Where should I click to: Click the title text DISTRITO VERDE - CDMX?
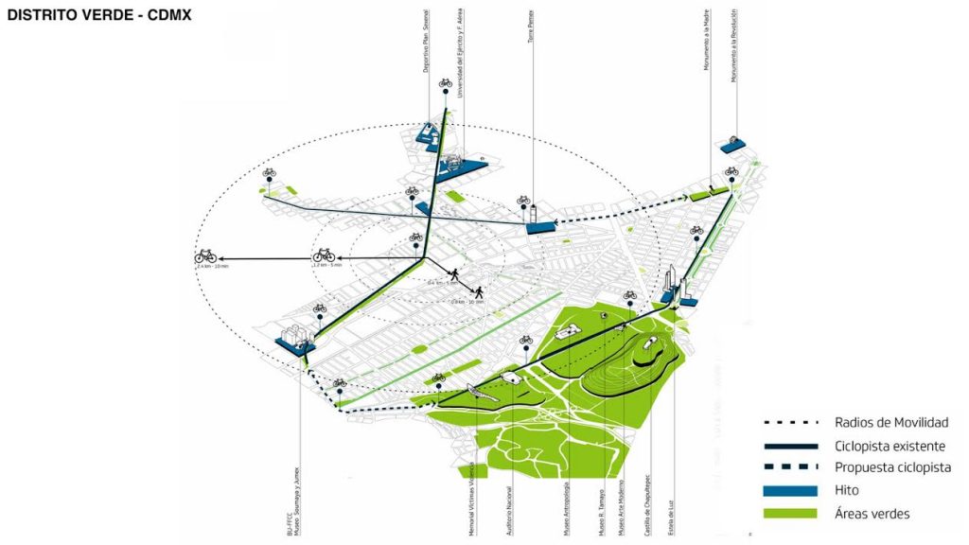[x=99, y=16]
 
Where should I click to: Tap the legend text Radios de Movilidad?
[x=891, y=423]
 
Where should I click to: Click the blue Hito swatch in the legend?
[x=791, y=490]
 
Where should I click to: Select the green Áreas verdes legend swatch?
[x=791, y=513]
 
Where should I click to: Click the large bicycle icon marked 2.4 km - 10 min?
[x=205, y=255]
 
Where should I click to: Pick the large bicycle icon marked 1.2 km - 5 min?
[x=324, y=255]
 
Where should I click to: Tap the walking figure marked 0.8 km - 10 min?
[x=479, y=291]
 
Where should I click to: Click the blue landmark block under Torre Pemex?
[x=540, y=227]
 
